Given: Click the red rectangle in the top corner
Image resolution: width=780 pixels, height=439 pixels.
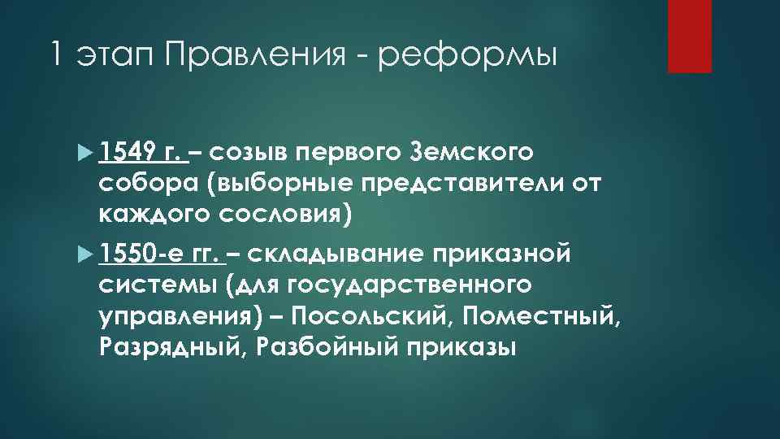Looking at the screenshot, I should [689, 36].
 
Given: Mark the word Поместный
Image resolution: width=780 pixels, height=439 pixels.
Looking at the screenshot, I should [535, 317].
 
